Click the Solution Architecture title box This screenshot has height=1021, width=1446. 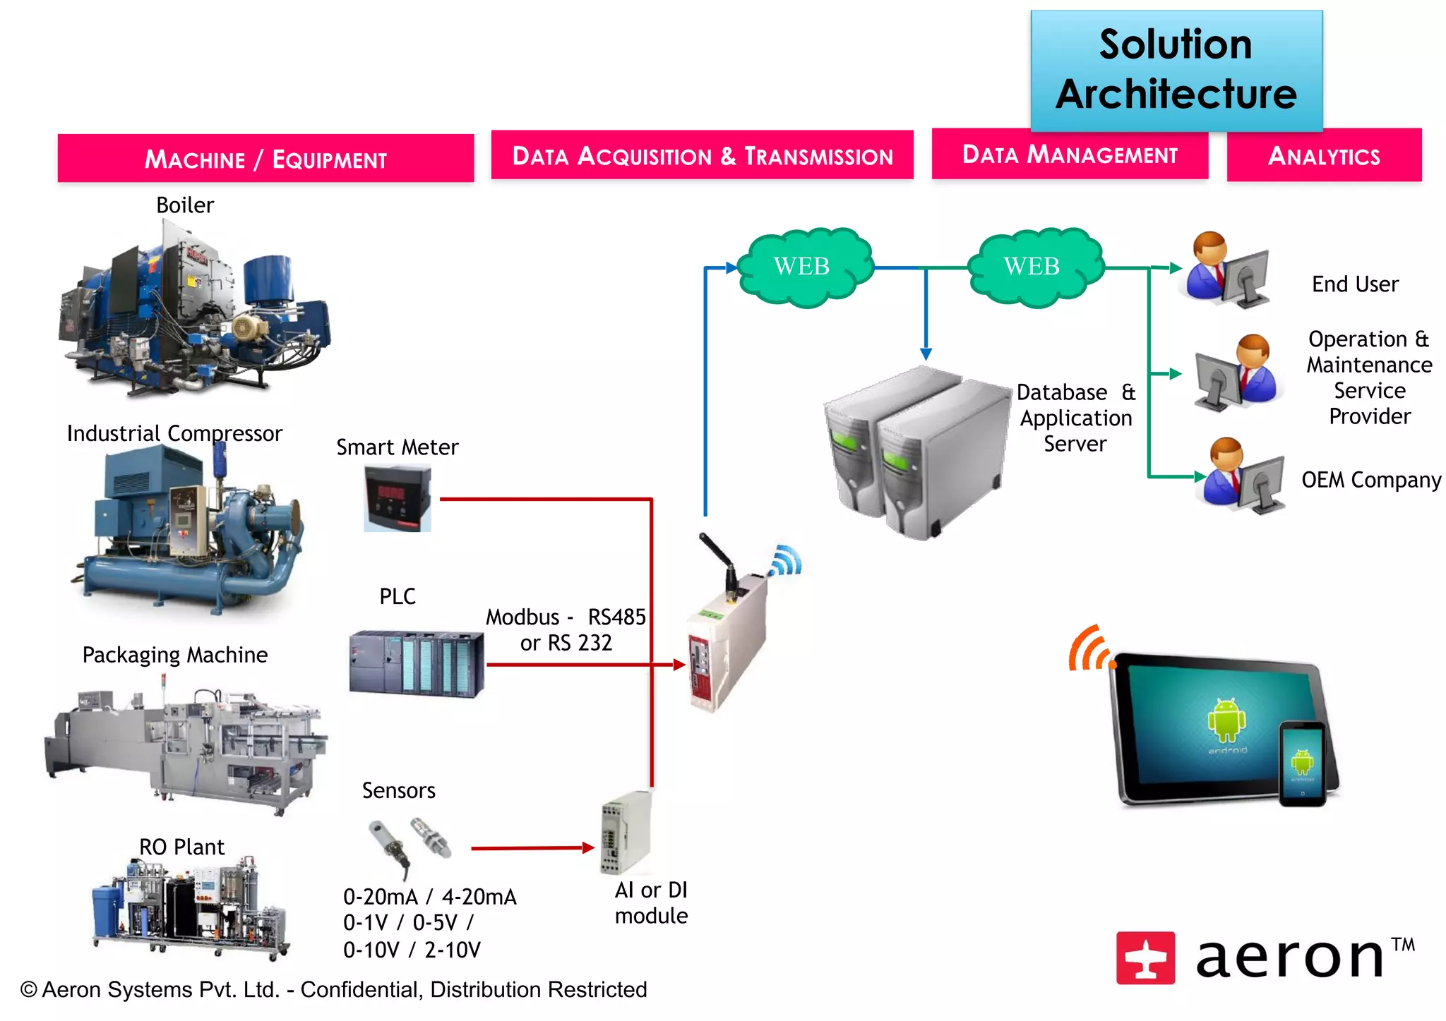coord(1176,71)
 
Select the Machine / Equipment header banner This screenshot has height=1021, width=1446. coord(265,159)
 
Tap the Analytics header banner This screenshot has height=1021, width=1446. coord(1324,155)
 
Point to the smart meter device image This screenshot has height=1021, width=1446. coord(397,500)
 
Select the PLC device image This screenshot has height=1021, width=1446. coord(417,663)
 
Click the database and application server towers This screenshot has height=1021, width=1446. coord(916,452)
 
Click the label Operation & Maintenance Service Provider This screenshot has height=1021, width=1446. coord(1369,377)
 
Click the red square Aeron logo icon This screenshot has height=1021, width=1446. coord(1145,957)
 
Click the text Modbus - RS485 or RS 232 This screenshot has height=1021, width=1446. coord(566,629)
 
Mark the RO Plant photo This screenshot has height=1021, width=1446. coord(189,907)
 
